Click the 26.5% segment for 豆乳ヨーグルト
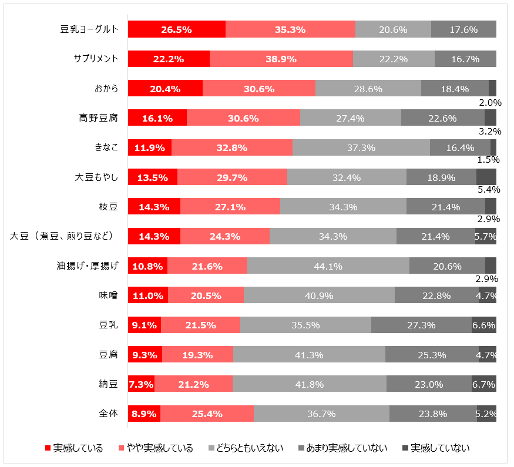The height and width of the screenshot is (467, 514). [177, 29]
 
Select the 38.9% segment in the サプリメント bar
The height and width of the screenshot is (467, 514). [281, 59]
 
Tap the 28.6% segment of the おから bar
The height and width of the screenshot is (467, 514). [368, 89]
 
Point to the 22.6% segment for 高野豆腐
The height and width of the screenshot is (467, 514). [442, 118]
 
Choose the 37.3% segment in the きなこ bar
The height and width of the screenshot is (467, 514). [361, 147]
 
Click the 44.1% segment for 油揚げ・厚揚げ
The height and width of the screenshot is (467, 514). [328, 266]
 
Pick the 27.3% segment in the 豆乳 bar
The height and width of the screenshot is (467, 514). [421, 325]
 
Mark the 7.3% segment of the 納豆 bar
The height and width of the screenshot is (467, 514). [141, 385]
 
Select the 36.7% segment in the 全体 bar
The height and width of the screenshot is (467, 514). [321, 414]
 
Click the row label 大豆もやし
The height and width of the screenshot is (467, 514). [97, 177]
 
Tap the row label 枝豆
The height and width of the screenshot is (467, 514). [109, 207]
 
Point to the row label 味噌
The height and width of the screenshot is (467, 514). [109, 295]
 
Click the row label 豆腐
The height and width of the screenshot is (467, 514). [109, 355]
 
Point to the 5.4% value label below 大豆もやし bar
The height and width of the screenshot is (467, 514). [489, 189]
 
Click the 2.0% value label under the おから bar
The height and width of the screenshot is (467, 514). [489, 101]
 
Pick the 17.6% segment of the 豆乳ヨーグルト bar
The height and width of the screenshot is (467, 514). [463, 29]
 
